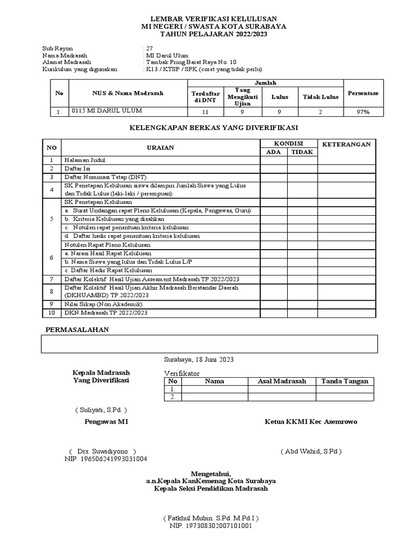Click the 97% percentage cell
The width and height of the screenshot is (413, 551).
[362, 112]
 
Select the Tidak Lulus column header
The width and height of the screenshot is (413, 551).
[321, 97]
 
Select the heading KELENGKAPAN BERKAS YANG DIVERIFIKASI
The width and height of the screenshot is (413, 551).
[214, 128]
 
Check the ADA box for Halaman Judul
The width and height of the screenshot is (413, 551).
[274, 160]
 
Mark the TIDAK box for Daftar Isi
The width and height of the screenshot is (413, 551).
[302, 168]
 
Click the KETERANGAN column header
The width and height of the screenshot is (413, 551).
[346, 144]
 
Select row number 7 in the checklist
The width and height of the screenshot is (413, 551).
[52, 279]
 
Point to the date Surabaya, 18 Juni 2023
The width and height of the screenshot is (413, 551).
[199, 359]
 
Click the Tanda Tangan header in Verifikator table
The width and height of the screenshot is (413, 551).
[345, 381]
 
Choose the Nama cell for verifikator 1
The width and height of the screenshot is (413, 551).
[215, 389]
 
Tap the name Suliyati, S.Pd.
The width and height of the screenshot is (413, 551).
[101, 410]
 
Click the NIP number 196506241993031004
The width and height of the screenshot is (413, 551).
[106, 459]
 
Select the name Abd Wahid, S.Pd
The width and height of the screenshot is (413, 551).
[311, 451]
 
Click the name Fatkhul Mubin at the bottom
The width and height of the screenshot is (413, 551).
[211, 518]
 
